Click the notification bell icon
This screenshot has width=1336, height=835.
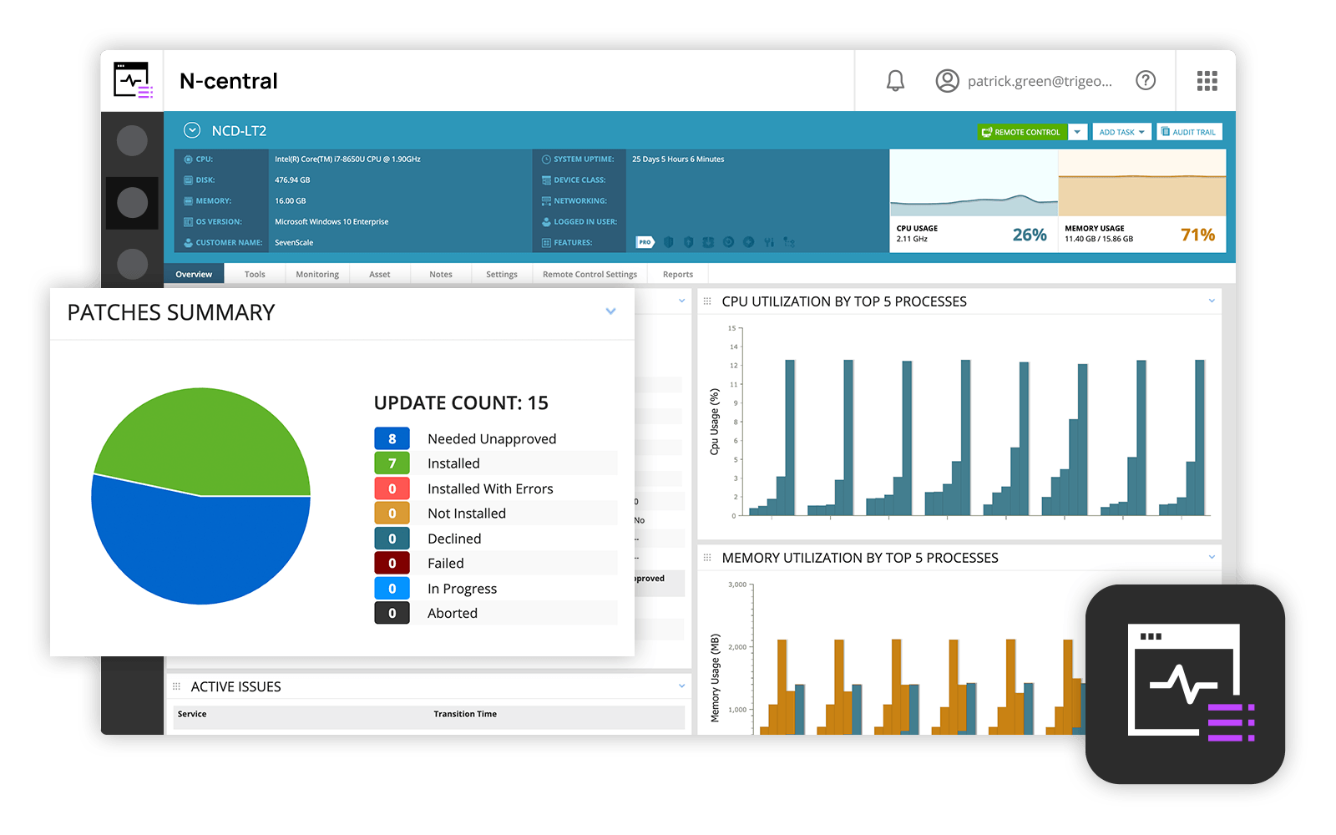pos(895,81)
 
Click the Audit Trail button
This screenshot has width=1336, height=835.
pos(1189,132)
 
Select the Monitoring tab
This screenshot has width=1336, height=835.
pos(317,274)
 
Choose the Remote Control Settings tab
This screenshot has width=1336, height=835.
pos(590,274)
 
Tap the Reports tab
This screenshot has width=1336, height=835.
pos(677,274)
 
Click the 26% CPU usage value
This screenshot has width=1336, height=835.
pos(1029,235)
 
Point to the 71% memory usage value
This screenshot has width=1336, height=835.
pos(1197,235)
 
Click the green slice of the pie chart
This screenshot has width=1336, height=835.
pos(209,438)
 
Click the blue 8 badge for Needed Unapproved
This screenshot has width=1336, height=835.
pos(392,438)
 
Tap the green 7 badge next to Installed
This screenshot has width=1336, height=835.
pos(392,463)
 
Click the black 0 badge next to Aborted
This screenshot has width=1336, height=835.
pos(392,613)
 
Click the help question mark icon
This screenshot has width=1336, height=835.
pos(1146,80)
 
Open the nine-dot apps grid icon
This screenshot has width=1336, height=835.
pos(1207,80)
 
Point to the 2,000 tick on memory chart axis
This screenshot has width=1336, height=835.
pos(737,647)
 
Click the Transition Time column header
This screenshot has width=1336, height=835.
pos(465,714)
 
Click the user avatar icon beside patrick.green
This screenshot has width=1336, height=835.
pos(947,81)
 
